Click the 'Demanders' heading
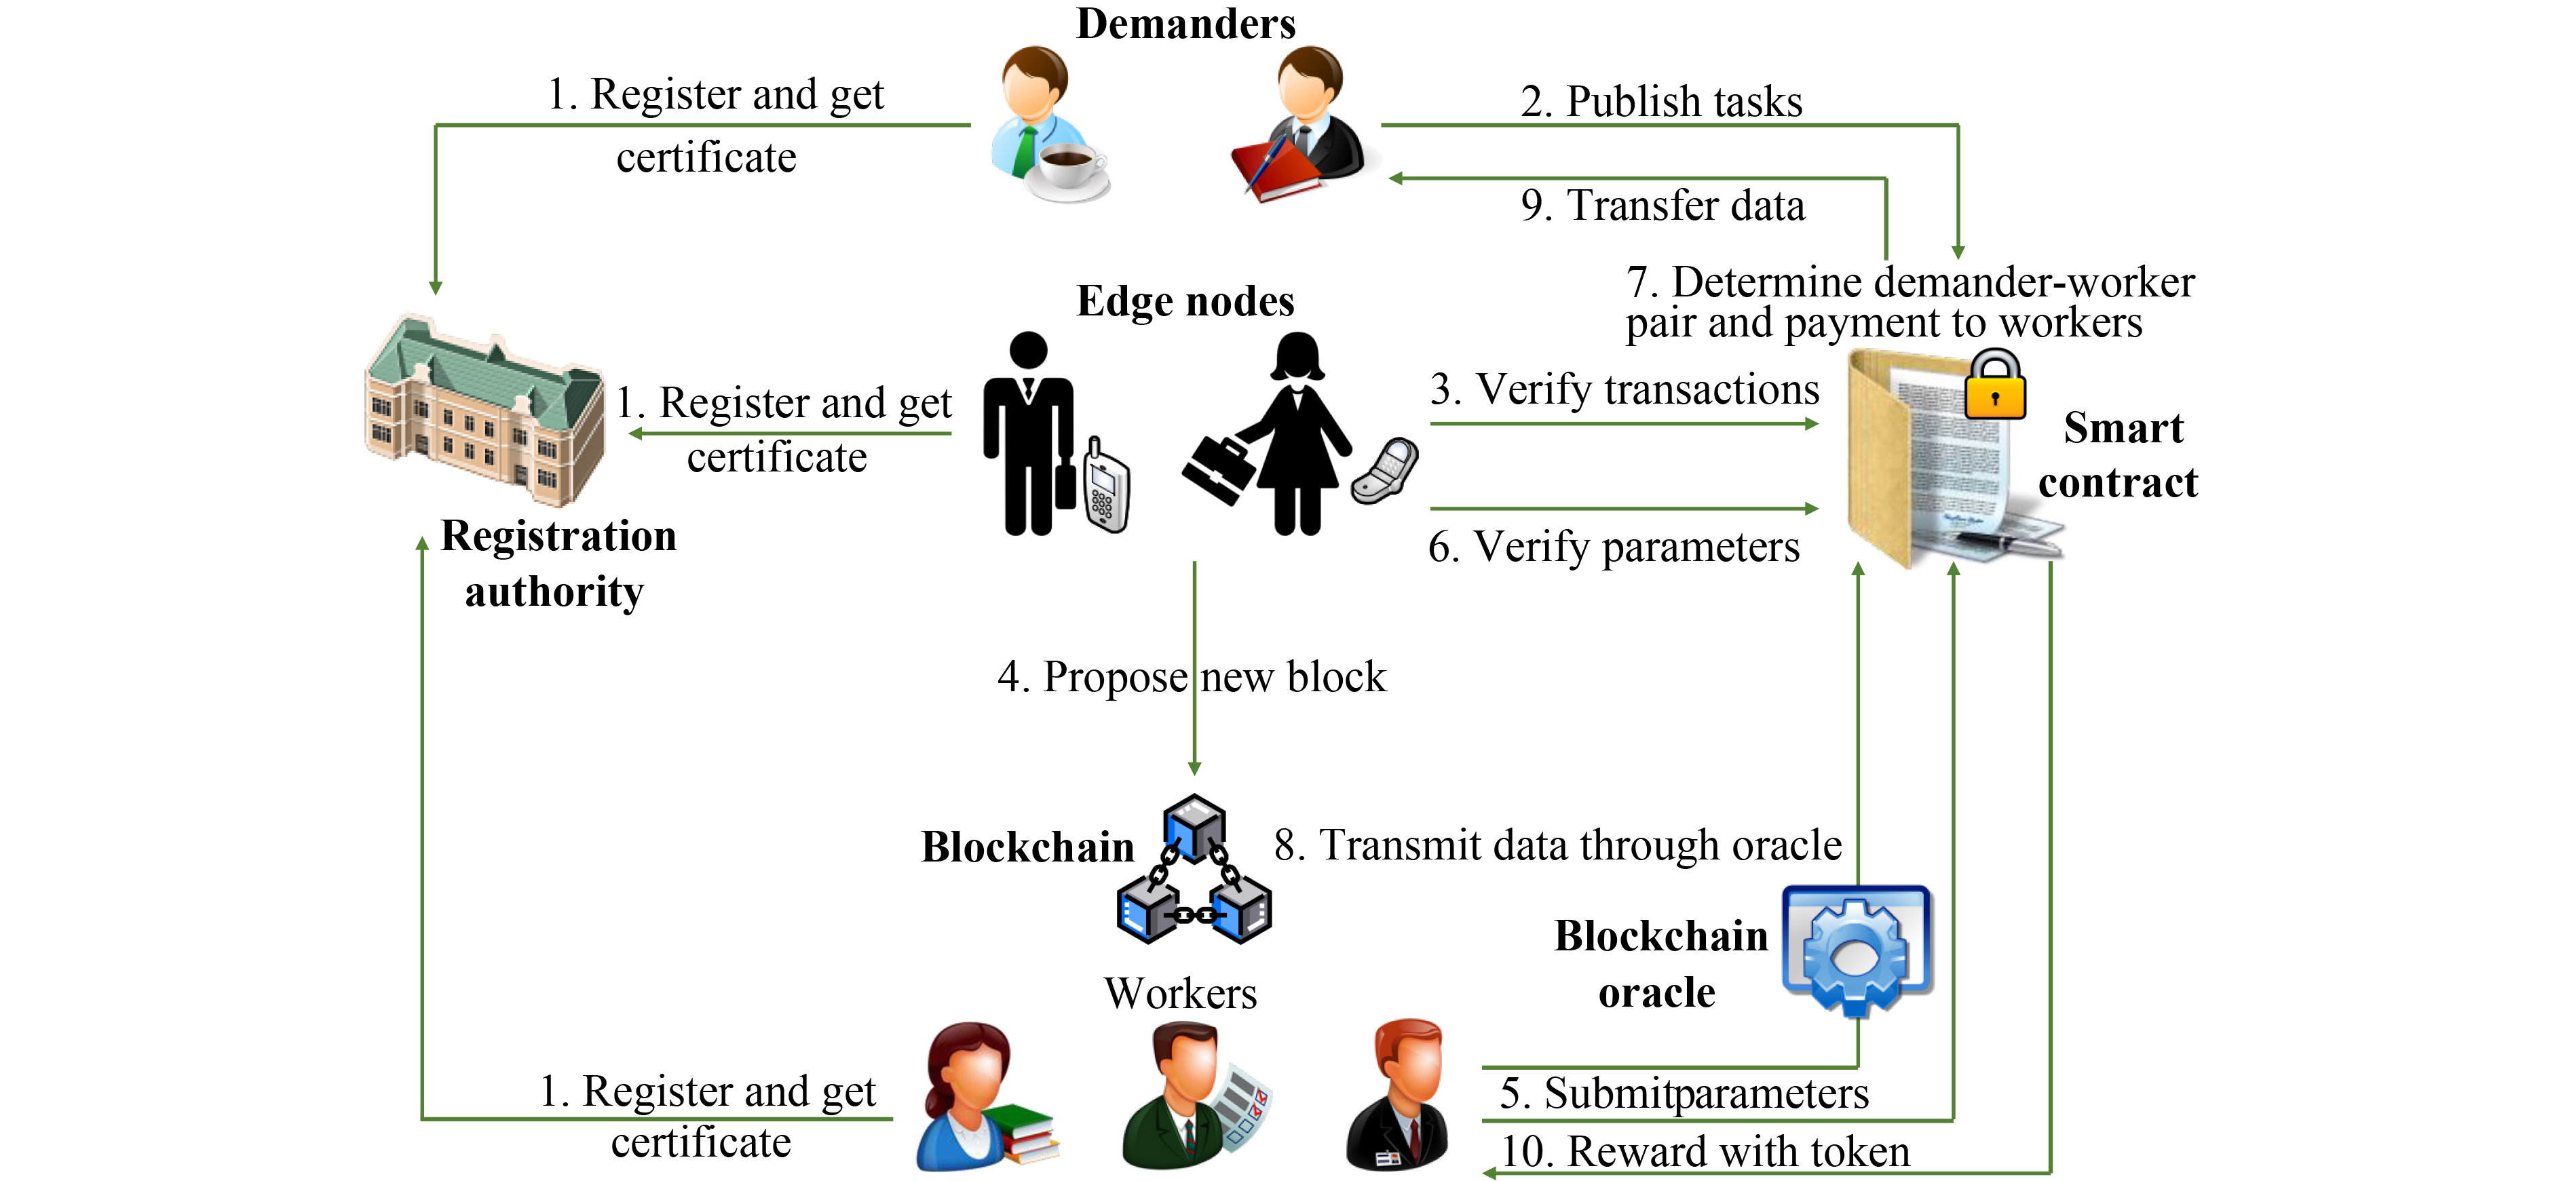tap(1185, 24)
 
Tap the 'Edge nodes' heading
tap(1185, 301)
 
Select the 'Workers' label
tap(1180, 993)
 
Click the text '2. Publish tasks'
tap(1661, 102)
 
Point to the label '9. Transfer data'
tap(1662, 205)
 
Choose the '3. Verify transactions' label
tap(1624, 389)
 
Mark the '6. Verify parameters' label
tap(1613, 547)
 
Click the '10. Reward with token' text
tap(1705, 1152)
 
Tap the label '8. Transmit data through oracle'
tap(1557, 845)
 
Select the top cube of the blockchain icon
tap(1194, 824)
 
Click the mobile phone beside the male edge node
tap(1105, 485)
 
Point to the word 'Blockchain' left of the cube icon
tap(1027, 847)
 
